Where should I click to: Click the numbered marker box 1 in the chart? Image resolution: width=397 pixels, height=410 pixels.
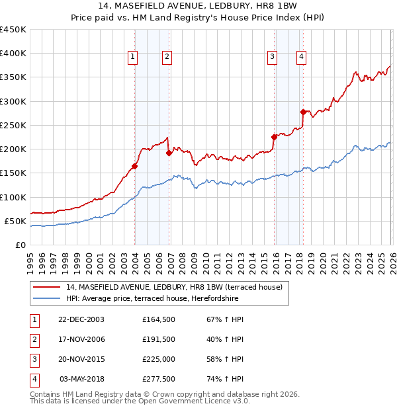coord(133,58)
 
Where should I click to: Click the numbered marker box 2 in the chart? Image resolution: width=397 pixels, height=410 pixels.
coord(167,58)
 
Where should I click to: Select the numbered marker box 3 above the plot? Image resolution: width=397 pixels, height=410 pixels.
coord(272,58)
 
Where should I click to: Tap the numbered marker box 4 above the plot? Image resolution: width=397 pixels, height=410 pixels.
coord(301,58)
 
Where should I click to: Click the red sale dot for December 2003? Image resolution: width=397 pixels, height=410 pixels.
coord(134,167)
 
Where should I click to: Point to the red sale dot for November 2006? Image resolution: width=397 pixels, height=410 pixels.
coord(169,153)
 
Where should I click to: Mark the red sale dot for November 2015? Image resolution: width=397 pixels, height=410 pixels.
coord(274,138)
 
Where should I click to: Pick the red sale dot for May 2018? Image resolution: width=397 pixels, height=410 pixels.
coord(303,112)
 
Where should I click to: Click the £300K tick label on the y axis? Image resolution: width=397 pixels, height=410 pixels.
coord(13,101)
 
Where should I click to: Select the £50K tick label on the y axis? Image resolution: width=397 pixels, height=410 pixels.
coord(15,221)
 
